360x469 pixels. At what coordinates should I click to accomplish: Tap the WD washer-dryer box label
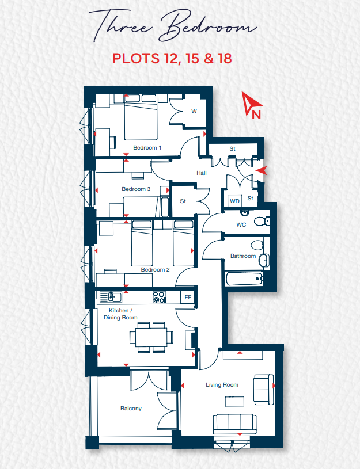(235, 201)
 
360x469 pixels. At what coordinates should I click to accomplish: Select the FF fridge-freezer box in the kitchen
(188, 298)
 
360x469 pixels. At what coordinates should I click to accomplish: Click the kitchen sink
(111, 296)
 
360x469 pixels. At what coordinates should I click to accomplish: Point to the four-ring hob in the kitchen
(160, 297)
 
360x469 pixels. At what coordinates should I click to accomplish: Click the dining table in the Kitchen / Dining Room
(151, 337)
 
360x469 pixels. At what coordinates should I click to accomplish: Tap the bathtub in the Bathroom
(244, 279)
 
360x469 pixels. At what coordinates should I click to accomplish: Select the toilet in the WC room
(262, 222)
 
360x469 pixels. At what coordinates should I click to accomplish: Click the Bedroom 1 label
(147, 148)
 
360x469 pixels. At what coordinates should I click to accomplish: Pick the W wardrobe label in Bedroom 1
(194, 112)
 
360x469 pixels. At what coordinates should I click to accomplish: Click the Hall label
(202, 173)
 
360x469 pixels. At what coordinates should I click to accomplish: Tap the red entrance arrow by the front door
(261, 171)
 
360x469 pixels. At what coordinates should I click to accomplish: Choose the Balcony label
(131, 409)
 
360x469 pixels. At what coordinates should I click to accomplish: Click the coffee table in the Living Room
(234, 402)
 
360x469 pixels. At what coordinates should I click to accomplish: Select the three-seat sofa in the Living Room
(235, 424)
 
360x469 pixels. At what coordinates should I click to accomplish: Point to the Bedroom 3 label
(136, 189)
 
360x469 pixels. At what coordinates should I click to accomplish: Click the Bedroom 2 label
(155, 270)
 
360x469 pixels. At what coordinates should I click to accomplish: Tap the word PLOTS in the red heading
(136, 58)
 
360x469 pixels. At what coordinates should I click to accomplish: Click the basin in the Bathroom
(264, 260)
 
